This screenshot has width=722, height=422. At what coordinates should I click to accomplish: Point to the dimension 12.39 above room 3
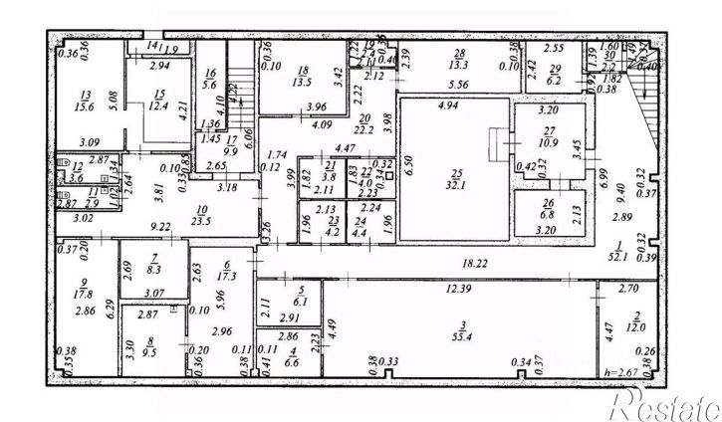457,289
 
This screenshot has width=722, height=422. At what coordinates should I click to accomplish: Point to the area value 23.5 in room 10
201,221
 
